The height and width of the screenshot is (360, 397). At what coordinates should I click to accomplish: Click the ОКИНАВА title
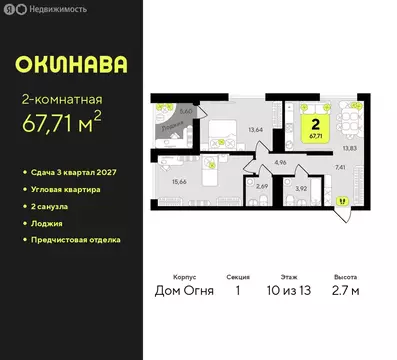click(70, 65)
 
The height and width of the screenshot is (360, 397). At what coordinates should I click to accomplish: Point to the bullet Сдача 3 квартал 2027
click(84, 173)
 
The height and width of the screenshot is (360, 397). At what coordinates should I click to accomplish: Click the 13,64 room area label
click(255, 128)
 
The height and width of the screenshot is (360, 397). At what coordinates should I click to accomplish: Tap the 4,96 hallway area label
click(280, 161)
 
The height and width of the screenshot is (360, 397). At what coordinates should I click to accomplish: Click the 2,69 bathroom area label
click(262, 186)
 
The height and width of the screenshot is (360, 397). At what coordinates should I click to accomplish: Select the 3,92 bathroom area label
click(301, 188)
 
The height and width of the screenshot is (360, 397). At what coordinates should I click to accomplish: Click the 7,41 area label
click(341, 168)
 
